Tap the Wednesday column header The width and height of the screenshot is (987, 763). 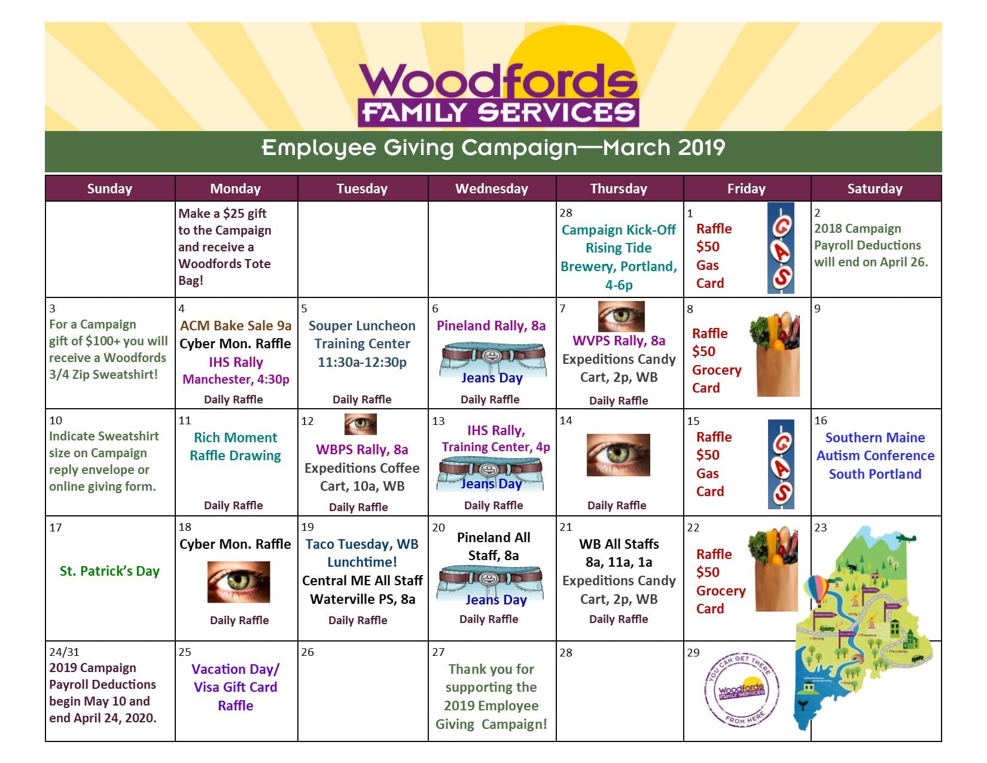pyautogui.click(x=492, y=189)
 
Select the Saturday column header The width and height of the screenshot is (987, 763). pyautogui.click(x=875, y=189)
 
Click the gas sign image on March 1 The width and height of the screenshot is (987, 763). pyautogui.click(x=781, y=248)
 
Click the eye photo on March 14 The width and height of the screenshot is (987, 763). pyautogui.click(x=618, y=455)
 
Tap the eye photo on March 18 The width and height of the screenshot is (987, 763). pyautogui.click(x=239, y=582)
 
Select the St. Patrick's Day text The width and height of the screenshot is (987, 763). pyautogui.click(x=109, y=571)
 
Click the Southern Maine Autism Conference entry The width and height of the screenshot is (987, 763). pyautogui.click(x=875, y=455)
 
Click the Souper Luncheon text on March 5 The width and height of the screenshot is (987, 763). pyautogui.click(x=362, y=326)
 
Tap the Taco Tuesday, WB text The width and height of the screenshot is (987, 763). pyautogui.click(x=362, y=544)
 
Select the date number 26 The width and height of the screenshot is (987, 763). pyautogui.click(x=307, y=652)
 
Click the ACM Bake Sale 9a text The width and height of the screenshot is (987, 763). pyautogui.click(x=236, y=326)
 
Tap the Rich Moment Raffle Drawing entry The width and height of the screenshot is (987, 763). pyautogui.click(x=235, y=446)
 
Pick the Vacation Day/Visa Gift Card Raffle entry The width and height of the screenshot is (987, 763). pyautogui.click(x=235, y=687)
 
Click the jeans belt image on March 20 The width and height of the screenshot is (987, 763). pyautogui.click(x=491, y=581)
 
